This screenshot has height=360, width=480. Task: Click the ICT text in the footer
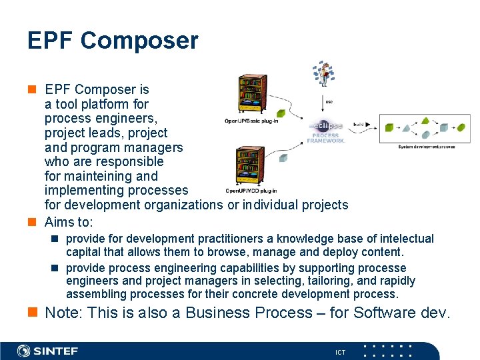340,352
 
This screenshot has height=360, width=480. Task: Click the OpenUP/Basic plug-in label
251,121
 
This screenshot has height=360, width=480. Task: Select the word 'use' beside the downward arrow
329,101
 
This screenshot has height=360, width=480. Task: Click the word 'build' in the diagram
359,125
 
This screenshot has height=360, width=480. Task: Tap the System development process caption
427,146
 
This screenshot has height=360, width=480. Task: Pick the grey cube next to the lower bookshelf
283,158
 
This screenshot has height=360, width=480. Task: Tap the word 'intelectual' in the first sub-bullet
405,239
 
